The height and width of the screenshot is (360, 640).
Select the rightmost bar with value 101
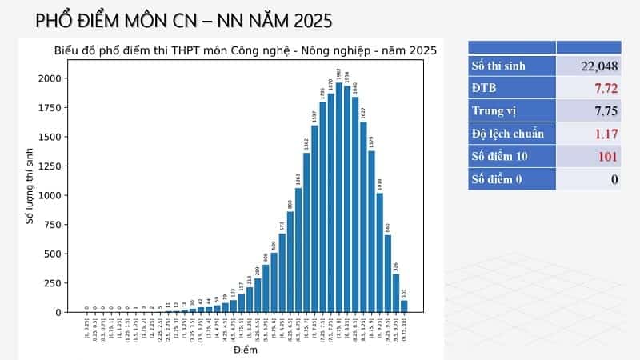click(404, 306)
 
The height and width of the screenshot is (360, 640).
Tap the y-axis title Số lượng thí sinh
click(30, 186)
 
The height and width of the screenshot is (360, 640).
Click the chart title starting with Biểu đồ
click(245, 50)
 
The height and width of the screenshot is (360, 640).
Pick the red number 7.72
click(602, 89)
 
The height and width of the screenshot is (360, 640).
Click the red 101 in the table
click(606, 156)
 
